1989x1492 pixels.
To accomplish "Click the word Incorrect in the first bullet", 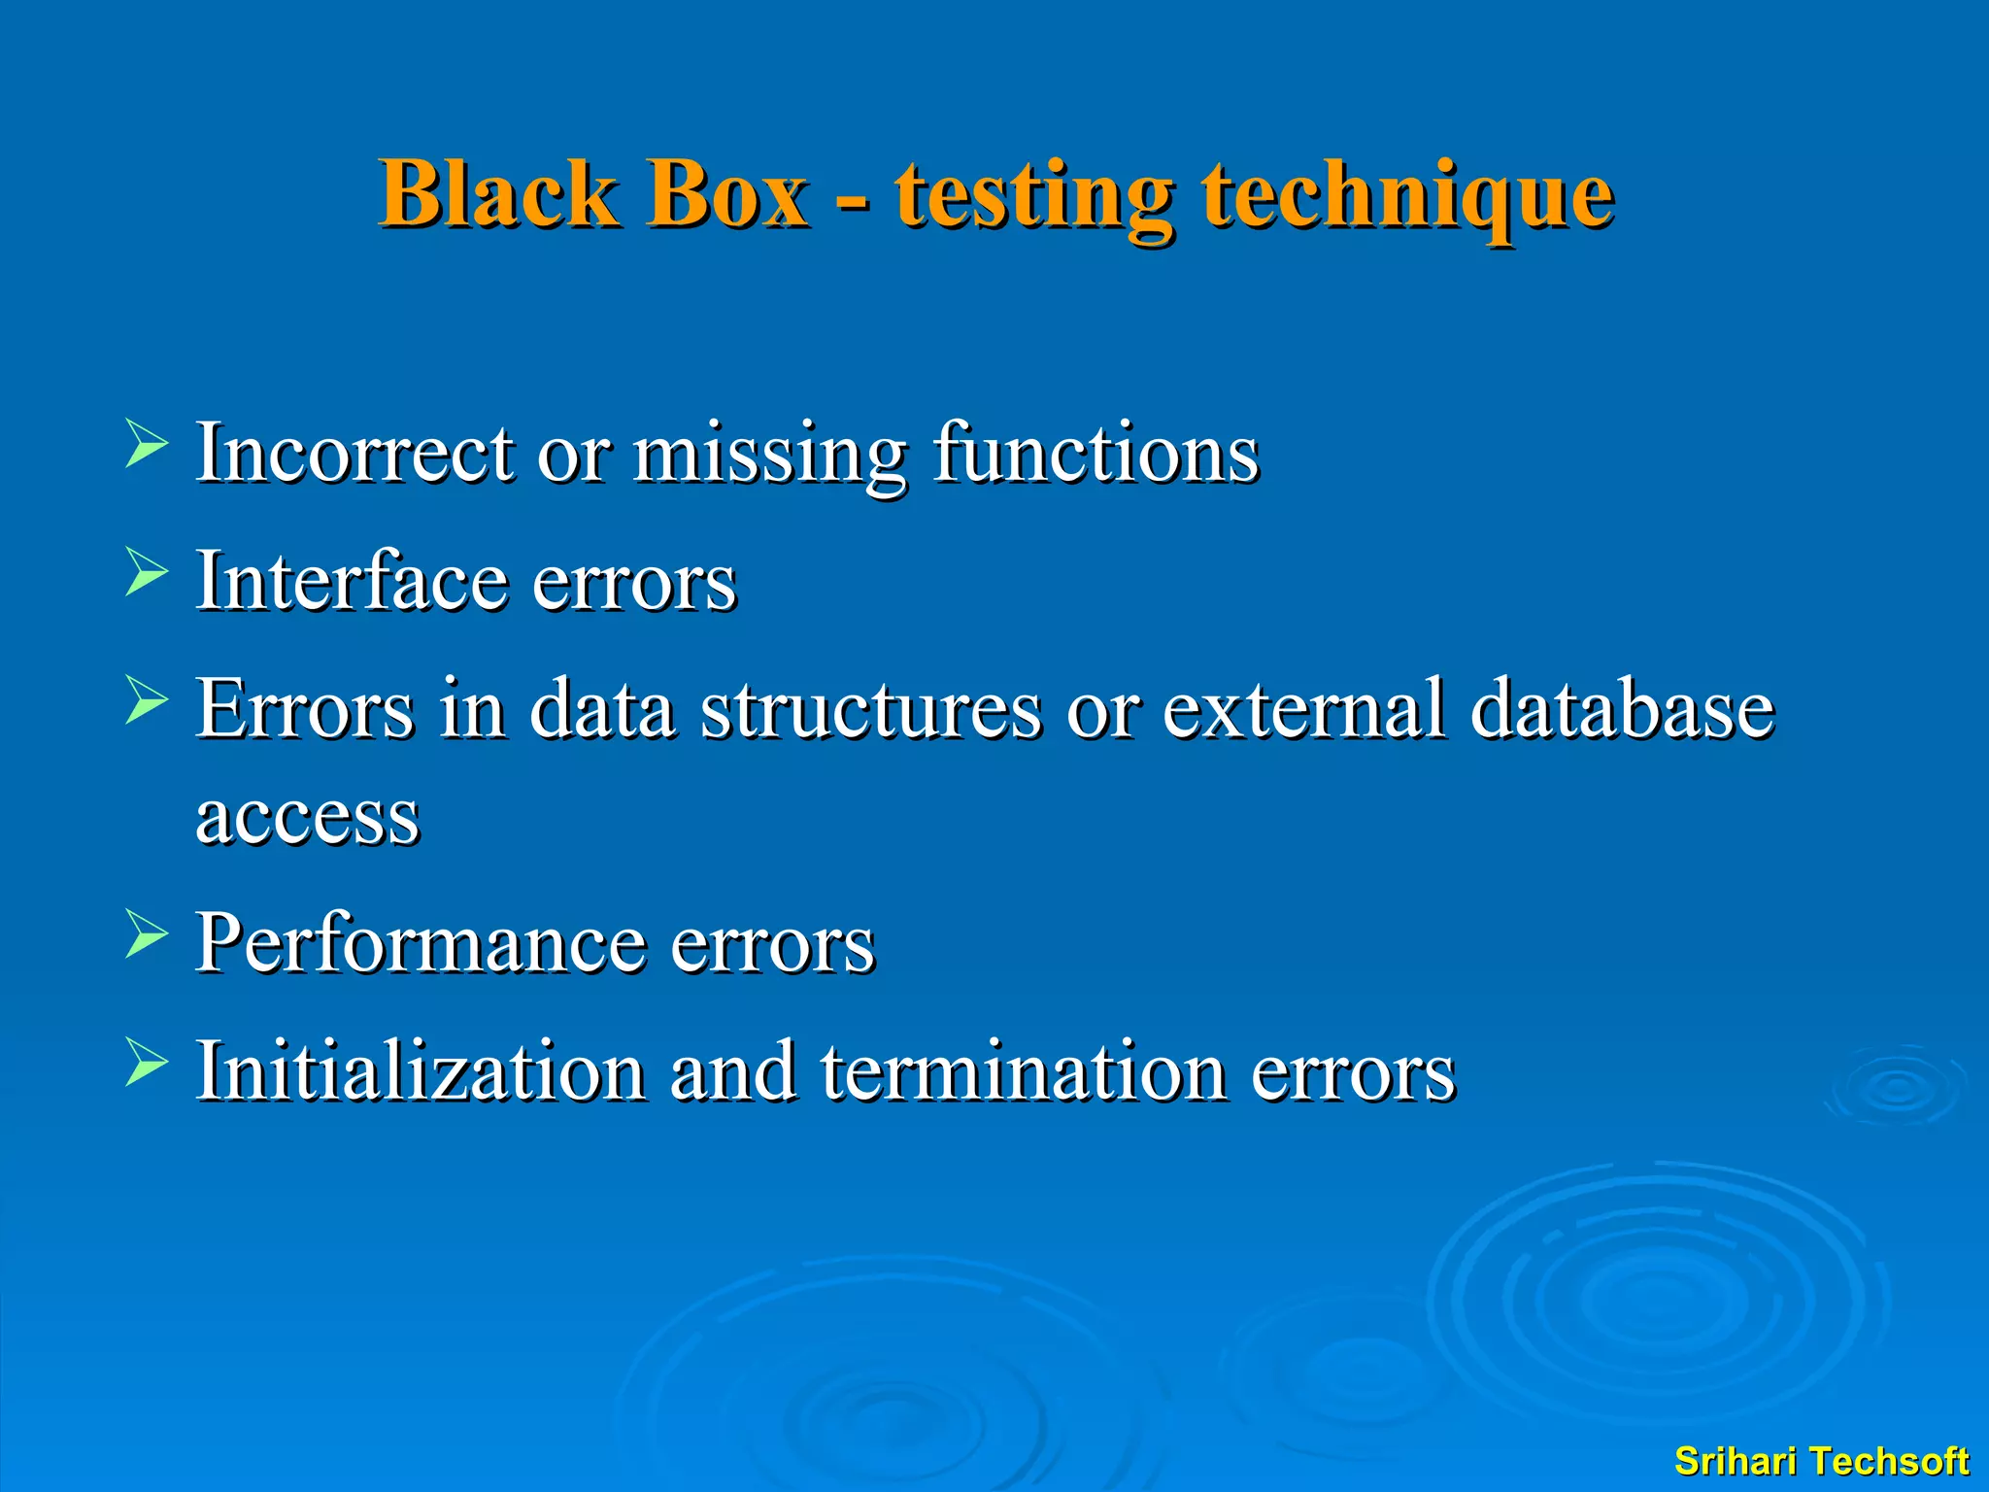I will click(x=355, y=453).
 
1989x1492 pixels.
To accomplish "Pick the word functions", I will click(x=1096, y=453).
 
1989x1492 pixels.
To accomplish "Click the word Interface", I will click(x=352, y=581).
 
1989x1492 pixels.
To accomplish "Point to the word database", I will click(x=1622, y=709).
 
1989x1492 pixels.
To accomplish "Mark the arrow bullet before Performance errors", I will click(x=147, y=934).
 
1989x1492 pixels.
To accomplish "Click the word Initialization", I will click(x=421, y=1070).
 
